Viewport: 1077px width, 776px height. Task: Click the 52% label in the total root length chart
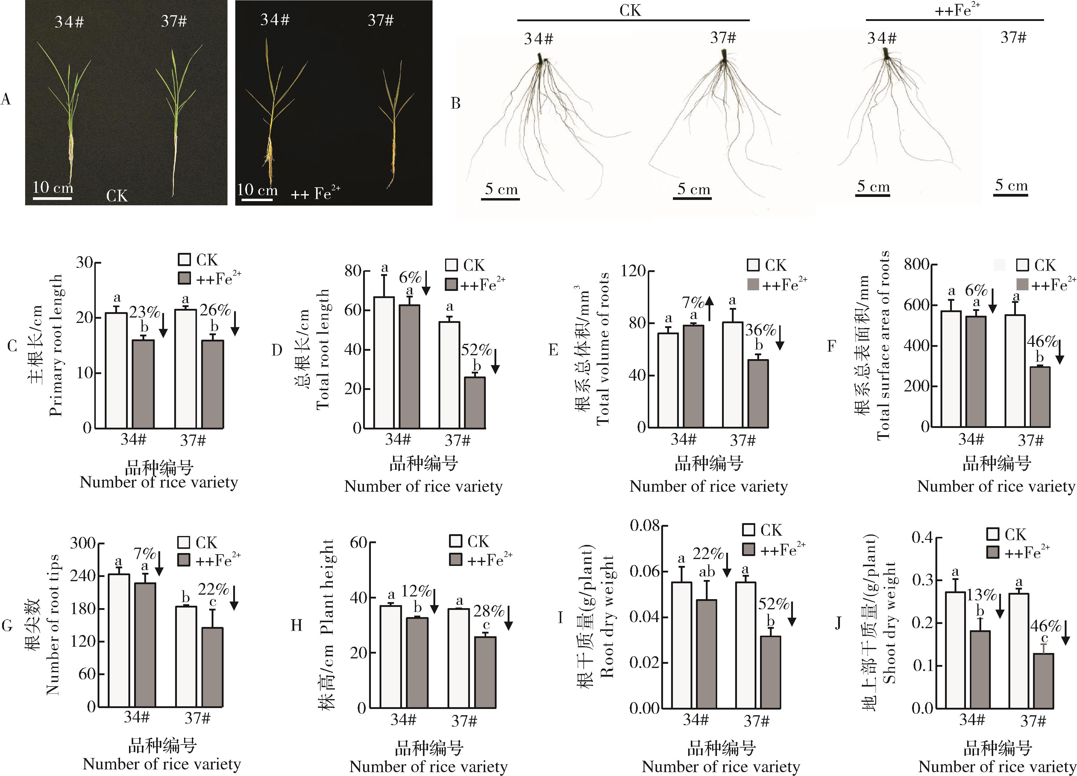pos(476,350)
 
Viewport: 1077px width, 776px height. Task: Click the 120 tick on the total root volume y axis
pos(633,271)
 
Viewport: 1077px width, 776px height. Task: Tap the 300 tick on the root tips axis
pos(83,543)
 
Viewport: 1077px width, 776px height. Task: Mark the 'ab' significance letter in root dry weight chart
pos(707,572)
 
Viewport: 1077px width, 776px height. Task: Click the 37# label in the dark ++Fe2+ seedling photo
pos(380,20)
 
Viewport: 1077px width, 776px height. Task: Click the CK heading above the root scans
pos(630,10)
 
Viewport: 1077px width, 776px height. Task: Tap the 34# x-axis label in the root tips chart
pos(137,717)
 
